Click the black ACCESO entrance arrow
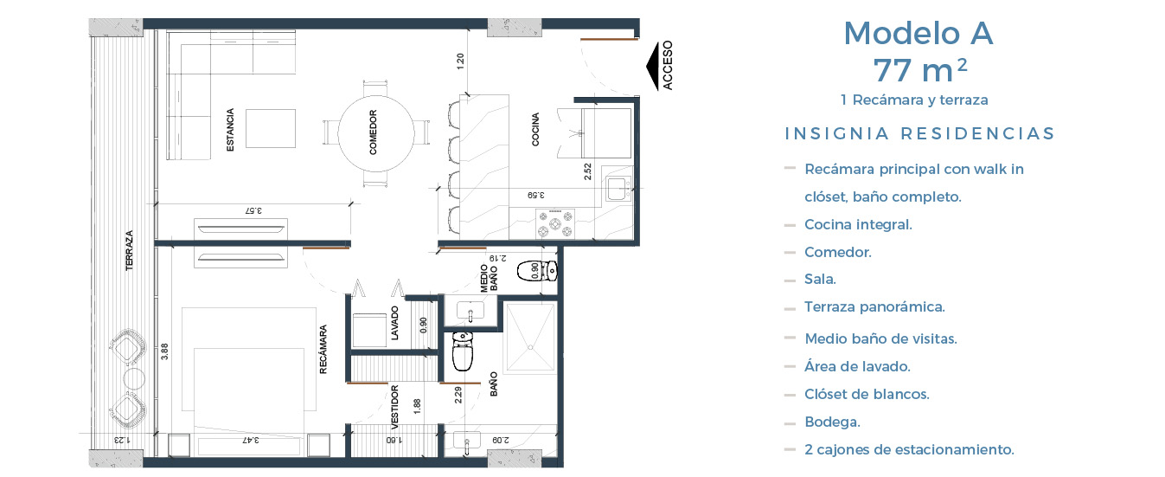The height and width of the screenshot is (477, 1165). tap(652, 66)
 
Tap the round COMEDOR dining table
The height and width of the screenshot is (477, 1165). tap(376, 133)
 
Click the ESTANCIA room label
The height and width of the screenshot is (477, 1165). tap(230, 130)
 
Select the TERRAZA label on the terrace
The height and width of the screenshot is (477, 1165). tap(129, 250)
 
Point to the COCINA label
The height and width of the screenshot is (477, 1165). tap(535, 129)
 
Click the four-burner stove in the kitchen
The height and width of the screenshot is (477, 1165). tap(555, 223)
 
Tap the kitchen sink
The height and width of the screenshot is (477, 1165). tap(618, 189)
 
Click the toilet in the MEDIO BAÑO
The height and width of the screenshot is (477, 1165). tap(537, 271)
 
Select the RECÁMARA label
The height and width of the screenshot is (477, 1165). tap(323, 350)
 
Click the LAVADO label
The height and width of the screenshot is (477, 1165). tap(394, 324)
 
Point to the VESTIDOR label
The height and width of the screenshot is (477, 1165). tap(394, 404)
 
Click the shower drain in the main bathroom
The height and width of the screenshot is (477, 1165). tap(530, 347)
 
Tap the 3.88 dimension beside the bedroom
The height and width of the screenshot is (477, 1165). tap(164, 351)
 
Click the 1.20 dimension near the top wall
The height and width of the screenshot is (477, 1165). tap(460, 61)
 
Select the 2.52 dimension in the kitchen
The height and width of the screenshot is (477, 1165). tap(588, 172)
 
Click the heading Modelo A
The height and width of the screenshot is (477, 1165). tap(919, 33)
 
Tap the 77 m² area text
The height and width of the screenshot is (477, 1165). tap(920, 70)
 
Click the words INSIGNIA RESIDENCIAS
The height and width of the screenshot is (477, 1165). tap(919, 134)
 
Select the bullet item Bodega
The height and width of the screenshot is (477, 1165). tap(832, 422)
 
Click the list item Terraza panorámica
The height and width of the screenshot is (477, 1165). tap(874, 307)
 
